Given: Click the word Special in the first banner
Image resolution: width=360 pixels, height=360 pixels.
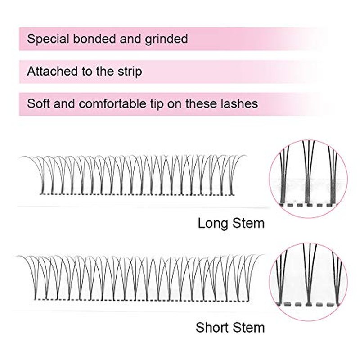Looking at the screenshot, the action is [x=48, y=39].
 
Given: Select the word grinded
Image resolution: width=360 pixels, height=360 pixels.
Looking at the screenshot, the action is [x=166, y=39].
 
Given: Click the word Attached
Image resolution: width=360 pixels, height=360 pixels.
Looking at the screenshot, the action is [x=52, y=71].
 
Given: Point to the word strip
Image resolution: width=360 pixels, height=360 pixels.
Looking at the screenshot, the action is [x=130, y=72].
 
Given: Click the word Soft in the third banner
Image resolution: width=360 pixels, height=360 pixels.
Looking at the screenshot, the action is [x=38, y=103].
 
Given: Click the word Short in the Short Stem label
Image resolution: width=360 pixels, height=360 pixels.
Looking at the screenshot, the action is [x=212, y=328].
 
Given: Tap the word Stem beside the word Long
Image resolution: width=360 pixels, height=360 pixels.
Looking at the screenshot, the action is [x=248, y=223].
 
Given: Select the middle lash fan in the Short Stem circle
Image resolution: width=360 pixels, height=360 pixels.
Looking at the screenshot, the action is [x=309, y=274].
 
